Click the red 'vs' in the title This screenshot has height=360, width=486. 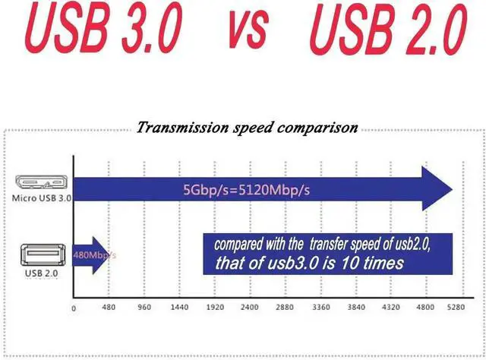pos(248,29)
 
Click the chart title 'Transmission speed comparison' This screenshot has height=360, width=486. pos(248,128)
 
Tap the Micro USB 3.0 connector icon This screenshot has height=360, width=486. pos(42,182)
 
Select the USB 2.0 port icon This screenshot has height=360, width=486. pos(43,255)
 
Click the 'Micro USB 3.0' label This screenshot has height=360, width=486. pos(42,198)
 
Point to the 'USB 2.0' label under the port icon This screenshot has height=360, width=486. pos(42,273)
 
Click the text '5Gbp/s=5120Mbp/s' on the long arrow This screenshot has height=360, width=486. pos(246,190)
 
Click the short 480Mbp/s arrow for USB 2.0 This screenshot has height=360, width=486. pos(90,255)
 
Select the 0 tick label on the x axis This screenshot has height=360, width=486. pos(74,308)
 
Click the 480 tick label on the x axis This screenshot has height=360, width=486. pos(109,308)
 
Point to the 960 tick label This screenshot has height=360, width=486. pos(144,308)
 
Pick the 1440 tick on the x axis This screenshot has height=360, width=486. pos(179,308)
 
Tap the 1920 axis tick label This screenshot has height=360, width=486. pos(215,308)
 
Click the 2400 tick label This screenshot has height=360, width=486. pos(250,308)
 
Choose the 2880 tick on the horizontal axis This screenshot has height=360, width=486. pos(285,308)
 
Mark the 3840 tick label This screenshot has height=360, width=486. pos(356,308)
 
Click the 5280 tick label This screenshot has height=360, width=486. pos(456,308)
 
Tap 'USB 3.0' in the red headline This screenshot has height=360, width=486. pos(103,27)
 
